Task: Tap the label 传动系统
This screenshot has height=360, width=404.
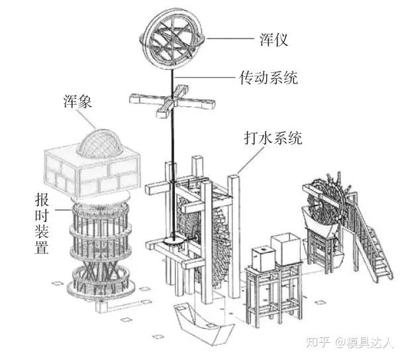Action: click(x=268, y=78)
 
